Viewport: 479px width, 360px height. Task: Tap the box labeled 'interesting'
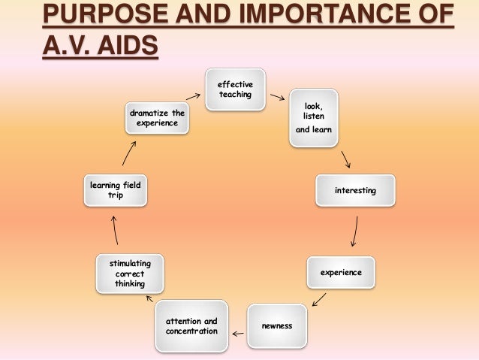pos(354,192)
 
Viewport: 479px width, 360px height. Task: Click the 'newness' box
pos(277,326)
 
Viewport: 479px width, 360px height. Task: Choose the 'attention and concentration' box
pos(191,326)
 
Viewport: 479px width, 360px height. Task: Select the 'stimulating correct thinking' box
pos(131,274)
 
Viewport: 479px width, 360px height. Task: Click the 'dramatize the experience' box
pos(157,119)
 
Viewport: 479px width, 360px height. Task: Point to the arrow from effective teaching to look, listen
pos(277,98)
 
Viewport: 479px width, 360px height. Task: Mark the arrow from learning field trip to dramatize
pos(128,153)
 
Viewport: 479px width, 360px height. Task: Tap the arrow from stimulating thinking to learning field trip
pos(115,230)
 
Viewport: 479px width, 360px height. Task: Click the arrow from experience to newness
pos(318,299)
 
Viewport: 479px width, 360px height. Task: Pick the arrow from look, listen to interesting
pos(346,159)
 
